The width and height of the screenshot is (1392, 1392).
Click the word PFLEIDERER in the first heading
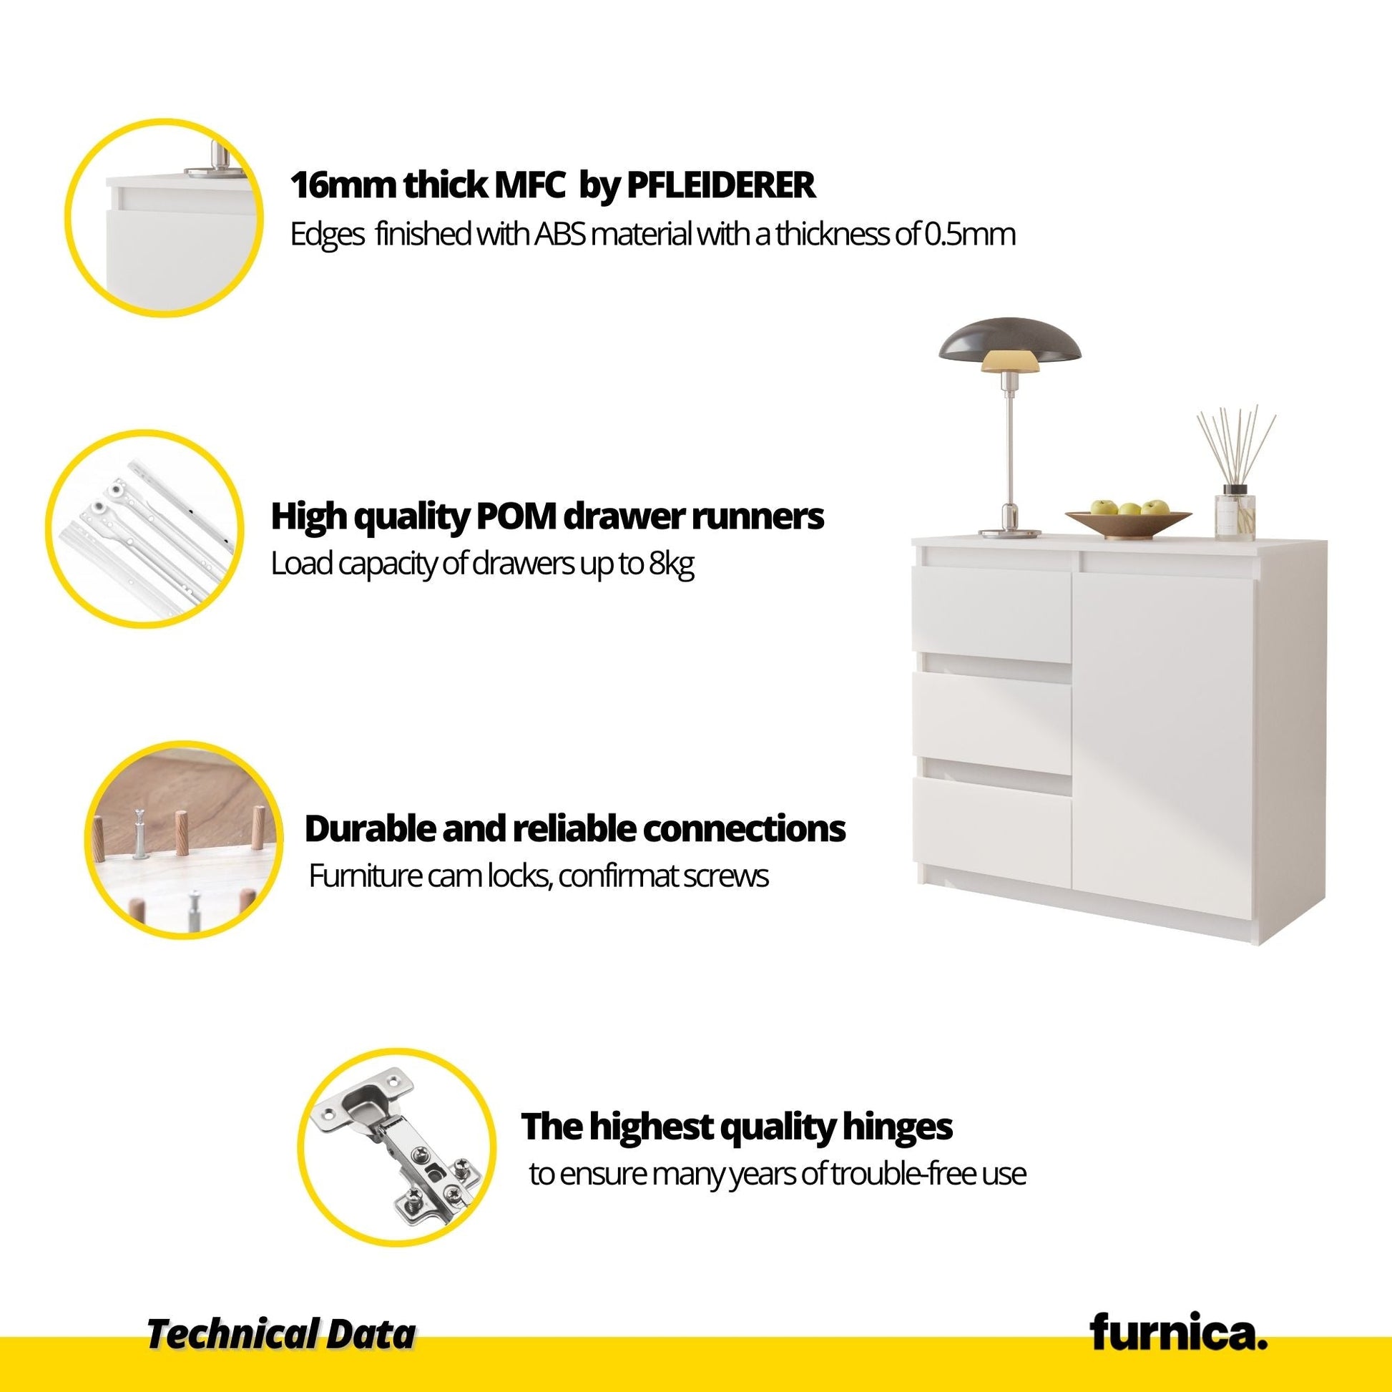(x=721, y=185)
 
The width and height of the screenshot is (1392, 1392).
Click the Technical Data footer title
(x=282, y=1334)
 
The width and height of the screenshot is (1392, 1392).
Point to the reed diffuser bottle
(x=1235, y=513)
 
